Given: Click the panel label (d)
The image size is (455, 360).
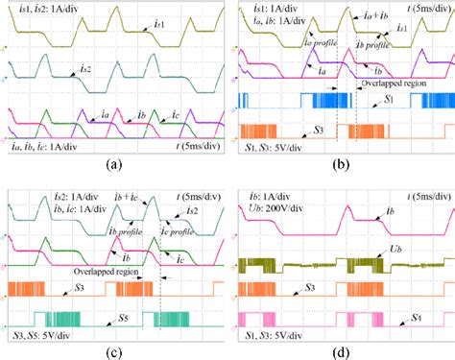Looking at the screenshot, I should tap(342, 351).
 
